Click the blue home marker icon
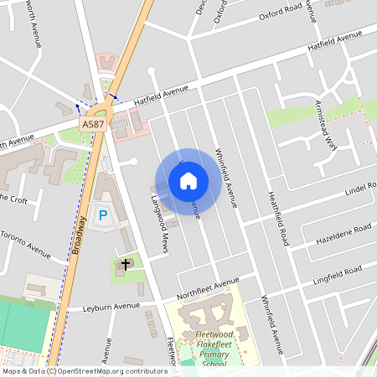click(x=188, y=180)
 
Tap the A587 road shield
click(x=93, y=124)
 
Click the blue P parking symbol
click(x=104, y=215)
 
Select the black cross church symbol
click(x=126, y=264)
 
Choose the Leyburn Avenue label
click(x=109, y=307)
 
